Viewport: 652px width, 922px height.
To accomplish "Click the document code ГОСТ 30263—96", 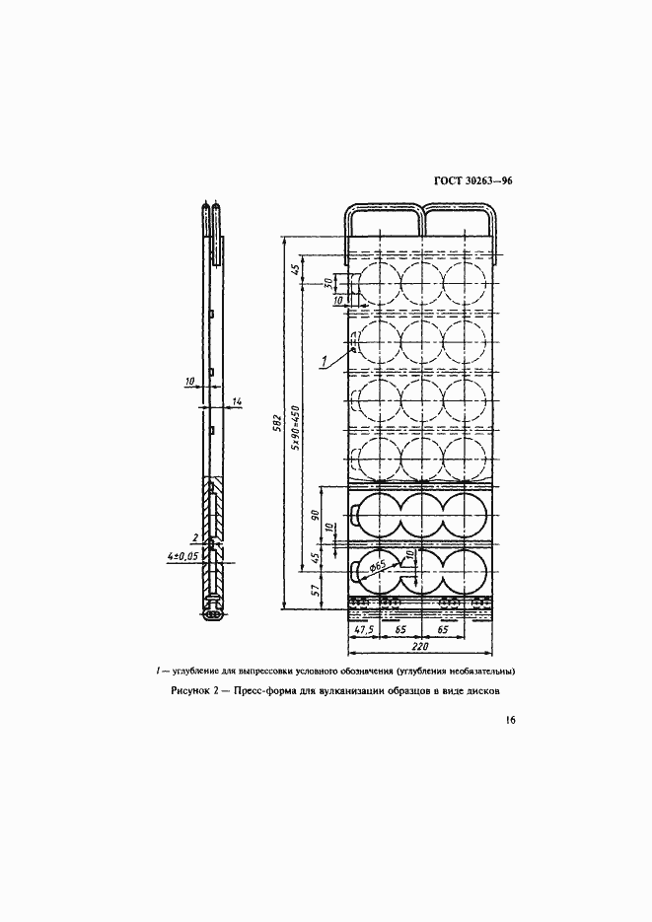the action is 472,181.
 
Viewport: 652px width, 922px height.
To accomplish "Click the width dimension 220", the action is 420,647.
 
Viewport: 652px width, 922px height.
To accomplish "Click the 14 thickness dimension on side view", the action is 237,401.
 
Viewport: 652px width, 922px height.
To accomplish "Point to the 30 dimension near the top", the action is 329,283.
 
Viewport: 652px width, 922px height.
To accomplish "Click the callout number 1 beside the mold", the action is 323,362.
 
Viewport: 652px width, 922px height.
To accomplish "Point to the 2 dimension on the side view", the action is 194,536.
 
